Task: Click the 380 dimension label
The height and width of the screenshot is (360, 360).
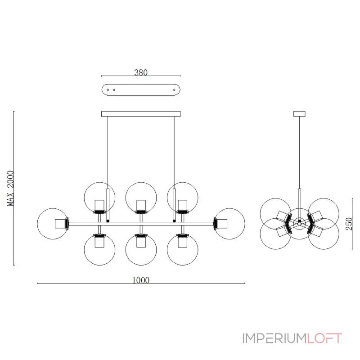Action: point(141,72)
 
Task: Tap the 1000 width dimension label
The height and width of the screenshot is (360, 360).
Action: point(141,280)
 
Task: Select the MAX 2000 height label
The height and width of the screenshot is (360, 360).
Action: point(11,188)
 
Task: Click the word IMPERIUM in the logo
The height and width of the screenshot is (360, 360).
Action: point(274,338)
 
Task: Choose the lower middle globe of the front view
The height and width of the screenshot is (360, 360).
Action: point(141,249)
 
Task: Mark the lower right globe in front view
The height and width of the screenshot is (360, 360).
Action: point(182,249)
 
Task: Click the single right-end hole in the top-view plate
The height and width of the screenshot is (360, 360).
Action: point(174,90)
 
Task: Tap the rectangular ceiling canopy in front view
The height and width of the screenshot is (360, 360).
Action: point(141,113)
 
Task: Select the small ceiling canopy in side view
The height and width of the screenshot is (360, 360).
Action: point(299,113)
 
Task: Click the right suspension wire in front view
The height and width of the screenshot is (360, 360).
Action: point(174,148)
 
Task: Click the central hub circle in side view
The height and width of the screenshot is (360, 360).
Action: point(299,223)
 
